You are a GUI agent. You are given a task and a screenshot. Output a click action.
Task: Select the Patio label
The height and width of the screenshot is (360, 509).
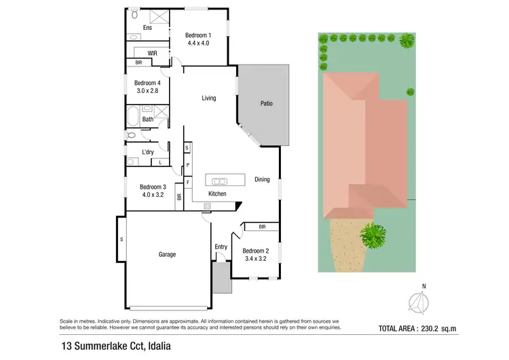point(267,104)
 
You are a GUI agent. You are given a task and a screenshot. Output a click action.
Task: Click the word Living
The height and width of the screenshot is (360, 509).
point(209,98)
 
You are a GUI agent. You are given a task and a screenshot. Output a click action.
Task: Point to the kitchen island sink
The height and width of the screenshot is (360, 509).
point(219,181)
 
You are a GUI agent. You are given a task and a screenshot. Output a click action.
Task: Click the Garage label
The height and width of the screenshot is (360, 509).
point(167,255)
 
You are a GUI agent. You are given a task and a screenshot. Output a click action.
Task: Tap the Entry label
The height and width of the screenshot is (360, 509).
point(221,247)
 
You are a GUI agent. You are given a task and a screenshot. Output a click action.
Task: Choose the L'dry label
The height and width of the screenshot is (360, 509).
point(147,152)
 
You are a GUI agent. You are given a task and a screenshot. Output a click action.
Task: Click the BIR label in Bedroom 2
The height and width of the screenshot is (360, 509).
point(261,227)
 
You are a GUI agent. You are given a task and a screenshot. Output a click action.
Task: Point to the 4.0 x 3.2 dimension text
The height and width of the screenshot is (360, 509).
point(153,195)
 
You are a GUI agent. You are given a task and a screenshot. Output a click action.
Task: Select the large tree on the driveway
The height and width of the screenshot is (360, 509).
point(371,236)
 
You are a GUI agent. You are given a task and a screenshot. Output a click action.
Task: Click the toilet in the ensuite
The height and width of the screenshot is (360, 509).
point(134,14)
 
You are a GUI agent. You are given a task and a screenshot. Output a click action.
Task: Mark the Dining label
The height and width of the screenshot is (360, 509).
point(262,180)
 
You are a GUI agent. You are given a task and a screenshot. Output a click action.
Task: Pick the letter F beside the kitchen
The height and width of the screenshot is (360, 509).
point(187,183)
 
